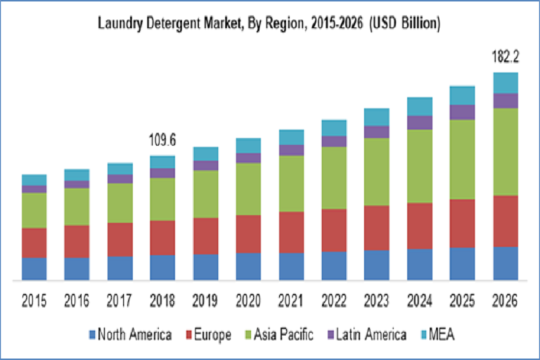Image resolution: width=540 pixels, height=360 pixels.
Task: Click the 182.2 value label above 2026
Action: click(505, 57)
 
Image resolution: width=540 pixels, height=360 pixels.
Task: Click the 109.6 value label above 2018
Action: click(162, 141)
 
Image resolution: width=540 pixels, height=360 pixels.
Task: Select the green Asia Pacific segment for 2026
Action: click(505, 151)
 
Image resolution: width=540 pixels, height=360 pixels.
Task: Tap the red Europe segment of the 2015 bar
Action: click(34, 243)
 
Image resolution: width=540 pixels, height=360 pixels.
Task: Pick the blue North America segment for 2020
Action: click(247, 266)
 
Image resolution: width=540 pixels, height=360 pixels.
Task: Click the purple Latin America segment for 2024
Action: click(420, 122)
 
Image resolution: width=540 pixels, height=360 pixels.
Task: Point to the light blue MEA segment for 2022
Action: click(334, 127)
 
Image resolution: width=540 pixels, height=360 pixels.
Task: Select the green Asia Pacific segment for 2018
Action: click(162, 199)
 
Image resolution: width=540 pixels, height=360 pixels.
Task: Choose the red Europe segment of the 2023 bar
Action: click(377, 228)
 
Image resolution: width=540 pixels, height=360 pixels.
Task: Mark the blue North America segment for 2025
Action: click(462, 264)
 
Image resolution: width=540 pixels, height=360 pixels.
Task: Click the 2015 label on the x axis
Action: click(34, 301)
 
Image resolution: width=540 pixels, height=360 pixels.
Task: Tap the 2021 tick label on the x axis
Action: click(291, 301)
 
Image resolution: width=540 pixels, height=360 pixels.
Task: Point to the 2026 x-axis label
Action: click(505, 301)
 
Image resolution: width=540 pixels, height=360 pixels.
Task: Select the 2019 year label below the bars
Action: click(205, 301)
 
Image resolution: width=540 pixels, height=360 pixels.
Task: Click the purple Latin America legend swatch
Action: click(331, 334)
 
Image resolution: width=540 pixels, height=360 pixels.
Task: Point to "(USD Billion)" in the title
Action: click(406, 25)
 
